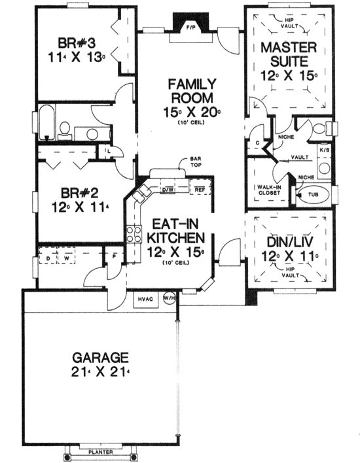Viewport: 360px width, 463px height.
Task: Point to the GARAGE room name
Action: tap(100, 358)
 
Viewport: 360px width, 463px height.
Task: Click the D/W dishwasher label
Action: tap(166, 190)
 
